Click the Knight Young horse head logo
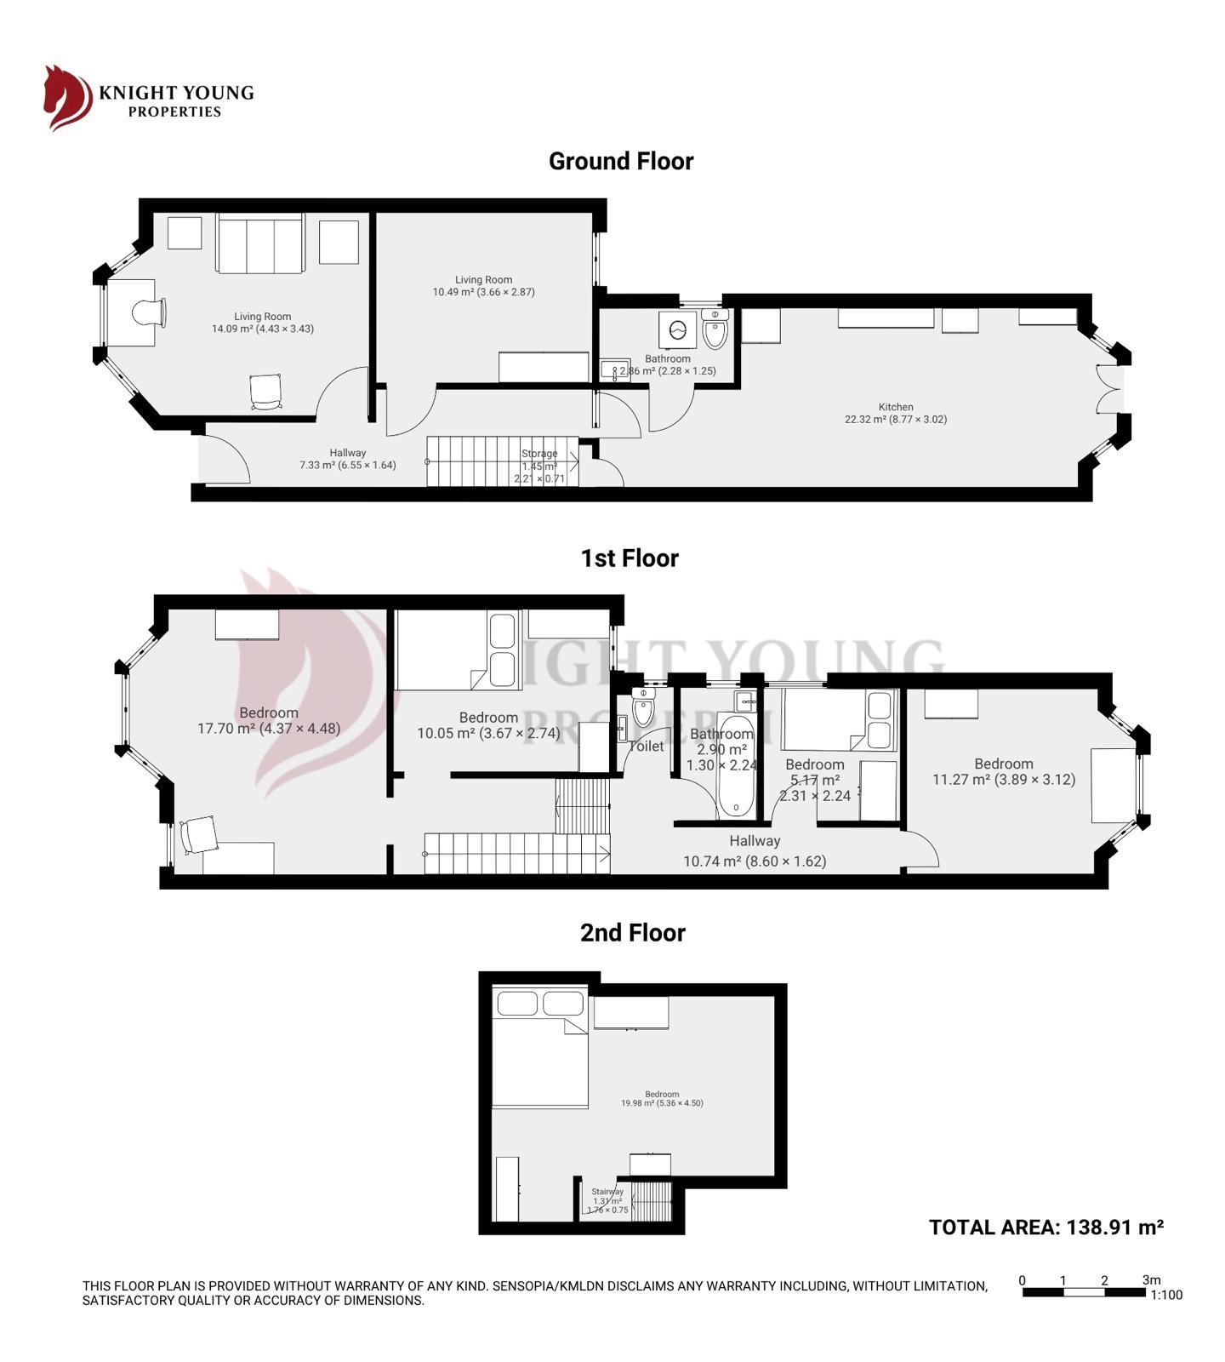[67, 98]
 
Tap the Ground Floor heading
[620, 161]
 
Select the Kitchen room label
[895, 413]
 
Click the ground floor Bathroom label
[668, 364]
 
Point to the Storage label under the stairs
[539, 465]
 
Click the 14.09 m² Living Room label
[262, 323]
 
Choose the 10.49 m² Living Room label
[483, 286]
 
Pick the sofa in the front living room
[259, 244]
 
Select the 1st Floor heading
[629, 558]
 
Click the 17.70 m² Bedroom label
[269, 720]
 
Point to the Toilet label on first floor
[646, 746]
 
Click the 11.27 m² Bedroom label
[1004, 771]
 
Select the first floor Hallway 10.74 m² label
[755, 850]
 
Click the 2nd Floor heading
[632, 933]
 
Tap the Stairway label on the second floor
[607, 1199]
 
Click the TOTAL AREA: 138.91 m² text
[1046, 1227]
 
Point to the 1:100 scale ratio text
[1166, 1295]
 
